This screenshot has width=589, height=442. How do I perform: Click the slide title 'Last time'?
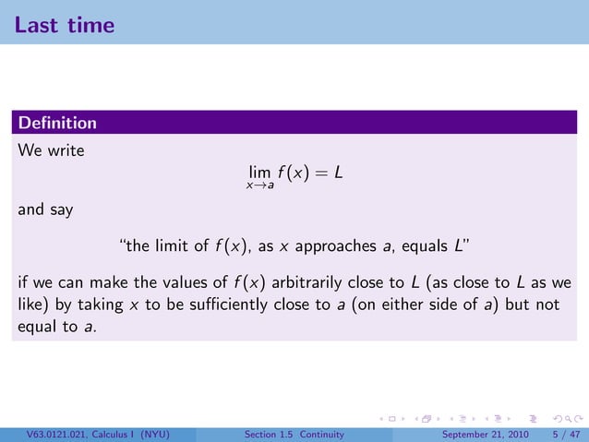point(65,25)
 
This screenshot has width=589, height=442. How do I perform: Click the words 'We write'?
point(52,150)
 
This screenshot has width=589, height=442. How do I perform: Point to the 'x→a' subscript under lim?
point(259,186)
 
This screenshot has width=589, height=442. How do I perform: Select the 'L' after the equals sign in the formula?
point(340,172)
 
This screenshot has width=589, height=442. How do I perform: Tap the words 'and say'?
point(45,209)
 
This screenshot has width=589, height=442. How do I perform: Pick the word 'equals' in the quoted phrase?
point(420,246)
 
